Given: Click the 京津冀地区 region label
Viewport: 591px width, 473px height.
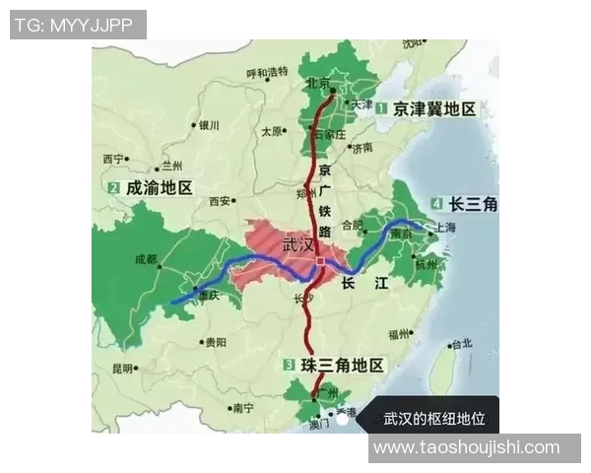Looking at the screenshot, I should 434,109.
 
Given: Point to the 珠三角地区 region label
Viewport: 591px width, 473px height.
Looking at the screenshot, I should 341,366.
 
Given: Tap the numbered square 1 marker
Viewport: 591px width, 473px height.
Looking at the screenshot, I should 379,109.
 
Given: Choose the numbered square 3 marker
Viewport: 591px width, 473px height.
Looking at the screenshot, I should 289,366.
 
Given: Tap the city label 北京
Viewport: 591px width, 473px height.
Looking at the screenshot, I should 317,83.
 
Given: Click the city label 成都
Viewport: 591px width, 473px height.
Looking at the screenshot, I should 145,259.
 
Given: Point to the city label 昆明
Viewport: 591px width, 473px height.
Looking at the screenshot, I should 122,369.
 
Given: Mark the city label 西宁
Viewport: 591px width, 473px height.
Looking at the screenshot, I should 113,159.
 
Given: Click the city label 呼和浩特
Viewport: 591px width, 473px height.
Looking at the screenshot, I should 267,72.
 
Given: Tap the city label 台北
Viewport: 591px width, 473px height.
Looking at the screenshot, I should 460,344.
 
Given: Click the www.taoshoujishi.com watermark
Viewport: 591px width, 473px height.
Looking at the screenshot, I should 467,447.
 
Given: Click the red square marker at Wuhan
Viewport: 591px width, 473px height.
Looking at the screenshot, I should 320,261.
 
